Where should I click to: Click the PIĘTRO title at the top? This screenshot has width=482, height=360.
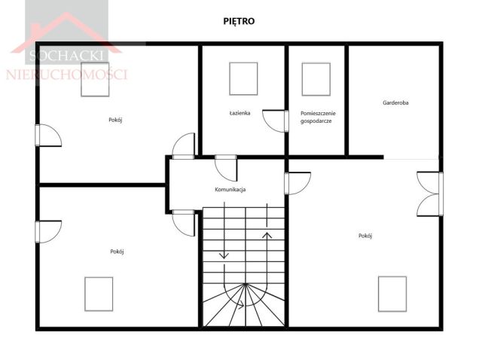[x=239, y=21]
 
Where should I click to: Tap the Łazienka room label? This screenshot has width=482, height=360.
[x=239, y=113]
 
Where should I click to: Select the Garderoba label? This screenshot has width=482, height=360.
[x=395, y=102]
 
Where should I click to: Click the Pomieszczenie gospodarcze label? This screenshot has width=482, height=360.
[x=318, y=117]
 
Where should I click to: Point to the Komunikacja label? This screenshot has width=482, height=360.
[x=230, y=189]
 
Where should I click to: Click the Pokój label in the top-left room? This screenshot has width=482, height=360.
[x=115, y=120]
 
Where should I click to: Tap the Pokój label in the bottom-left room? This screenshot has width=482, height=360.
[x=117, y=252]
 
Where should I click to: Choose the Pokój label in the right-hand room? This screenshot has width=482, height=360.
[x=365, y=236]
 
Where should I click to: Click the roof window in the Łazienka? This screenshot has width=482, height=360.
[x=243, y=79]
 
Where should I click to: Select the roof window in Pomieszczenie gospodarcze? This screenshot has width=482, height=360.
[x=316, y=79]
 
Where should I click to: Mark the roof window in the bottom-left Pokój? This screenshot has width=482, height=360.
[x=99, y=294]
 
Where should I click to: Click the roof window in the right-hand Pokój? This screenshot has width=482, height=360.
[x=392, y=294]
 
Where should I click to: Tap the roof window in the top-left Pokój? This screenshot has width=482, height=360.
[x=95, y=80]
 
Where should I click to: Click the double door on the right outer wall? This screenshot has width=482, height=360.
[x=430, y=194]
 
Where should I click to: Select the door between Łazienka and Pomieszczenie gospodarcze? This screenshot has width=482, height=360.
[x=276, y=121]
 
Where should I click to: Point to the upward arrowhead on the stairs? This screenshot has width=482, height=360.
[x=267, y=236]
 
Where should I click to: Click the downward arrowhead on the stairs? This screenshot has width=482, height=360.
[x=224, y=255]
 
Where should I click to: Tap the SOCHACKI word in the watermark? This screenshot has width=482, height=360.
[x=66, y=56]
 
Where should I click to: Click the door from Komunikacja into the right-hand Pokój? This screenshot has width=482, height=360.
[x=297, y=183]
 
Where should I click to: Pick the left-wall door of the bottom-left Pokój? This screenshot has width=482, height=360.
[x=48, y=232]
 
